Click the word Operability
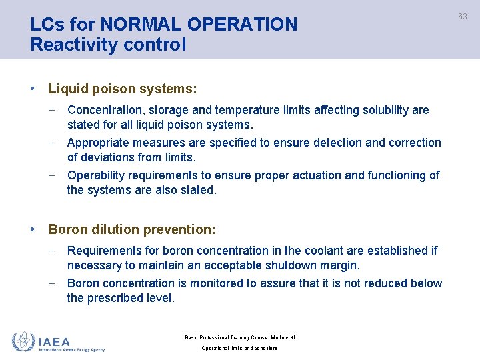(99, 175)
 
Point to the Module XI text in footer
(280, 337)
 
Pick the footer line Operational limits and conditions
(239, 349)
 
